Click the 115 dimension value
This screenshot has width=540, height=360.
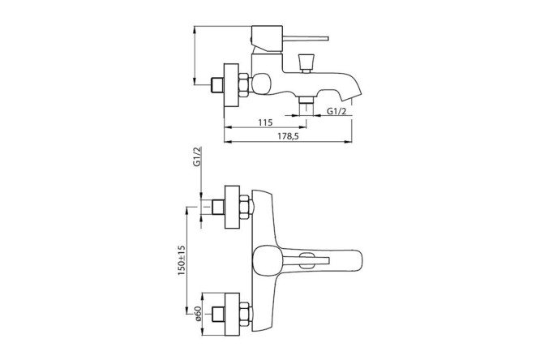click(x=265, y=122)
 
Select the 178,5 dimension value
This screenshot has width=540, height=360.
click(x=288, y=136)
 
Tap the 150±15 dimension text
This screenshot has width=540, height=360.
click(x=182, y=260)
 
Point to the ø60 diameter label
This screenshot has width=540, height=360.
click(x=197, y=314)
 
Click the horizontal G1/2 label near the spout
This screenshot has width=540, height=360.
click(x=336, y=111)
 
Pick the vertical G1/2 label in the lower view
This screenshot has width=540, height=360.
click(x=197, y=157)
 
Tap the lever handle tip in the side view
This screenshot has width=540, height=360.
click(x=328, y=39)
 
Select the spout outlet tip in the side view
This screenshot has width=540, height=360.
click(x=352, y=97)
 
